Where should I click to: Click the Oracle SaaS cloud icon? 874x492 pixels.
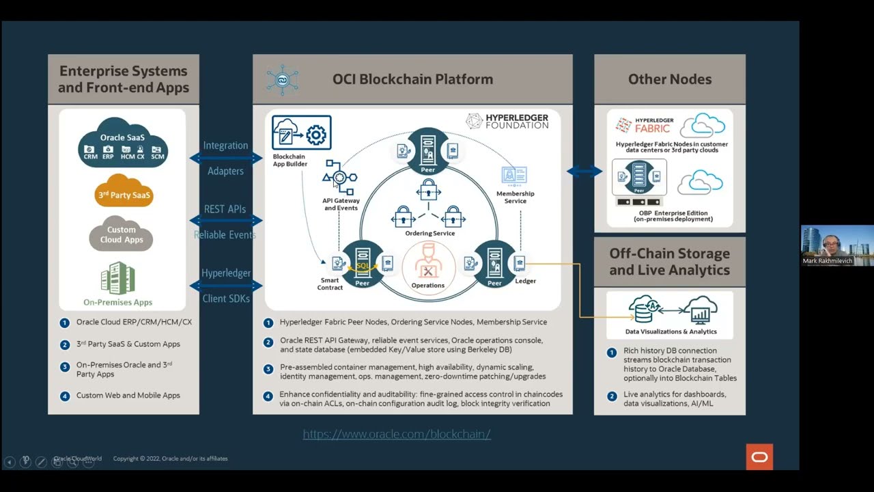pyautogui.click(x=123, y=143)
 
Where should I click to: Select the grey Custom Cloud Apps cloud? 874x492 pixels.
pyautogui.click(x=121, y=234)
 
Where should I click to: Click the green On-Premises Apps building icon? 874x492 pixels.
pyautogui.click(x=117, y=279)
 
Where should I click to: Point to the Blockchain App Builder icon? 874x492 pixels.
pyautogui.click(x=301, y=133)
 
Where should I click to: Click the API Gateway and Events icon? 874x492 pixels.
pyautogui.click(x=340, y=178)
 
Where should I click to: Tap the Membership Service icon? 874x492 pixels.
pyautogui.click(x=514, y=176)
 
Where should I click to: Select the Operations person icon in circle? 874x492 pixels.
pyautogui.click(x=428, y=263)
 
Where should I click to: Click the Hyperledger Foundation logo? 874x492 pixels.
pyautogui.click(x=507, y=122)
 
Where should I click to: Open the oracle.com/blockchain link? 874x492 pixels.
pyautogui.click(x=397, y=434)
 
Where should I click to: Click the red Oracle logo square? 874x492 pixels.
pyautogui.click(x=759, y=457)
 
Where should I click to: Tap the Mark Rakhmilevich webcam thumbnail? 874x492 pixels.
pyautogui.click(x=836, y=245)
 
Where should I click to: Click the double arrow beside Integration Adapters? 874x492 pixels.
pyautogui.click(x=225, y=158)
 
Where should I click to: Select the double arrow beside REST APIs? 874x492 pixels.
pyautogui.click(x=225, y=221)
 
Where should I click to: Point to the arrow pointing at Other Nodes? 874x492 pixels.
pyautogui.click(x=584, y=172)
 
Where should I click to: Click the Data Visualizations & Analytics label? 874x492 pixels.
pyautogui.click(x=671, y=331)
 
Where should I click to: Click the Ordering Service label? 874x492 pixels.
pyautogui.click(x=429, y=233)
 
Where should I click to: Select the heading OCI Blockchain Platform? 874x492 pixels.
pyautogui.click(x=412, y=79)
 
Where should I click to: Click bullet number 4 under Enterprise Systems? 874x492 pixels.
pyautogui.click(x=65, y=396)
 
